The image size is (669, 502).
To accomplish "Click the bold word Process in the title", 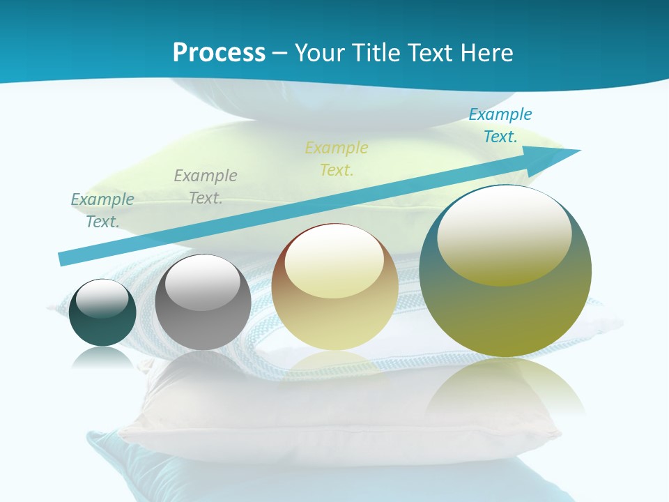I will click(219, 53).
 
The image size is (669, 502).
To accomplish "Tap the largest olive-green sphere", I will click(505, 307).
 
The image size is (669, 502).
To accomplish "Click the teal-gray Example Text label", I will click(102, 210).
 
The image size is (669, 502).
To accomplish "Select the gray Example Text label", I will click(206, 186).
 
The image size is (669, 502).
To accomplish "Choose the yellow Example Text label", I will click(337, 158).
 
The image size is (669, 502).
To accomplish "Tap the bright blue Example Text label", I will click(500, 125).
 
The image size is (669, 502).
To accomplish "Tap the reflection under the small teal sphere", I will click(102, 357).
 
